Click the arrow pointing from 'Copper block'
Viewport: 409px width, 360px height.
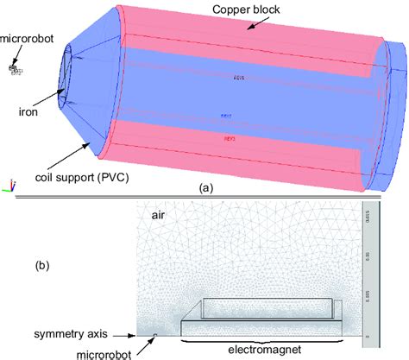coord(254,24)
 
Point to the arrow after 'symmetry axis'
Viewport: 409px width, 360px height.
coord(129,335)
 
